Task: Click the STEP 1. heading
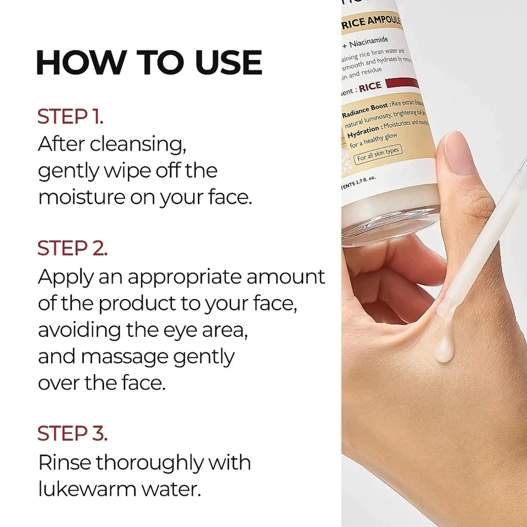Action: coord(70,117)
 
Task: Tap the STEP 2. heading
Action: coord(72,248)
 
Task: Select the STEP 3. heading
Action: coord(72,433)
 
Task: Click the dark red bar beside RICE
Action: coord(402,83)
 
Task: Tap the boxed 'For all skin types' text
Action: coord(377,154)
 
